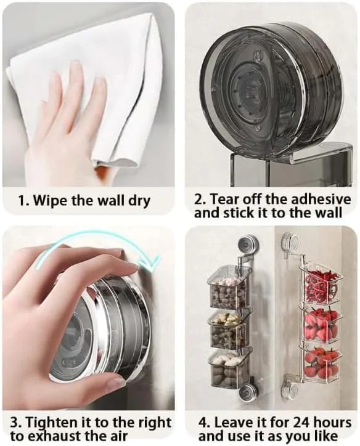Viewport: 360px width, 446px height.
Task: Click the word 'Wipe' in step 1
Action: pos(55,201)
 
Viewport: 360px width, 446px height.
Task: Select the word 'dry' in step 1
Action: pos(137,201)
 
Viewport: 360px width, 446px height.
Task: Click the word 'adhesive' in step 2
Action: pos(327,199)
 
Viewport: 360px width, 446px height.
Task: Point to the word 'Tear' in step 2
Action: pos(230,199)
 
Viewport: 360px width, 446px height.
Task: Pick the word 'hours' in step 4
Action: pos(333,422)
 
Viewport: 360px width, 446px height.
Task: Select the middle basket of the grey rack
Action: pos(229,330)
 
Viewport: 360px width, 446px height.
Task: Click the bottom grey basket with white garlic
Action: pos(229,368)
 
